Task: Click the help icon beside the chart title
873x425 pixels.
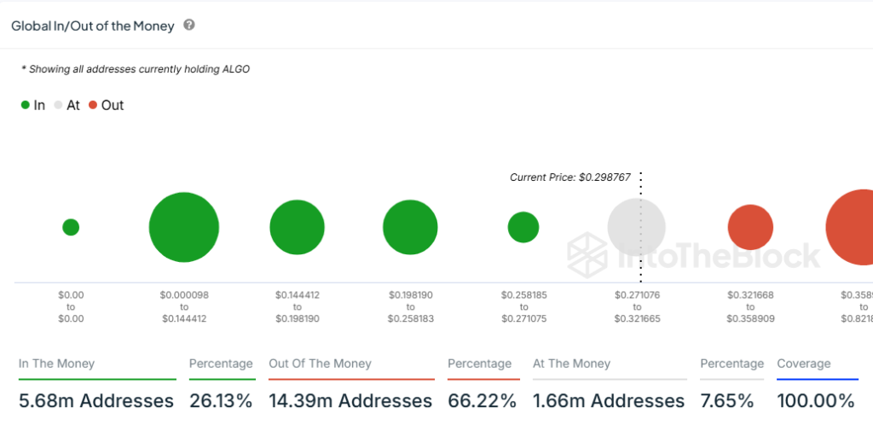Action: pos(189,26)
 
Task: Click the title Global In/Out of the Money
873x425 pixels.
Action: pos(93,26)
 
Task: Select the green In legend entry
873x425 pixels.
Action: pos(33,105)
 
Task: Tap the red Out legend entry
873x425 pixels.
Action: pos(106,105)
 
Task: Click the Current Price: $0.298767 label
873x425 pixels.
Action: pos(569,178)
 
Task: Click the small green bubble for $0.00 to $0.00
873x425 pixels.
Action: pos(71,227)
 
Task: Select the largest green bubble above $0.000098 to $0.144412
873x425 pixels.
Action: pos(184,227)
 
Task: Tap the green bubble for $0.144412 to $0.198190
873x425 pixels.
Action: pos(297,228)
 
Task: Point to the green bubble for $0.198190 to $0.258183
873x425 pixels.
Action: pos(410,228)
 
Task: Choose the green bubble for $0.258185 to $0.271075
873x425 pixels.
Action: pos(523,227)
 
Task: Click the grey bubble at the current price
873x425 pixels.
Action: pos(636,228)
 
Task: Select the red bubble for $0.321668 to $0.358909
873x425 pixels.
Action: pos(750,228)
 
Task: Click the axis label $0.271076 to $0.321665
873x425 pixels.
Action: pos(637,306)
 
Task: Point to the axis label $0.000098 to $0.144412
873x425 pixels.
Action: pos(183,306)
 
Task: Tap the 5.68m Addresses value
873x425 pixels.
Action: pos(96,400)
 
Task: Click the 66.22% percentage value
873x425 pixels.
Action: pos(483,400)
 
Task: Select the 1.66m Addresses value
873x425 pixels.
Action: pos(609,400)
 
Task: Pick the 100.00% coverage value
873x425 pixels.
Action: pos(816,400)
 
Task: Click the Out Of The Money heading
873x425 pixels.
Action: pos(320,364)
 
